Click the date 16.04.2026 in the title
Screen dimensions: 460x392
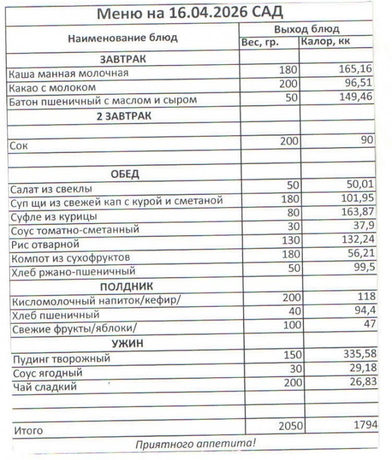pyautogui.click(x=208, y=13)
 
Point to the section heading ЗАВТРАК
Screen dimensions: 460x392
pyautogui.click(x=123, y=59)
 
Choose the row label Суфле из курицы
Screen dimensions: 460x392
pyautogui.click(x=53, y=217)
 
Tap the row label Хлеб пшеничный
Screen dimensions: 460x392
pyautogui.click(x=55, y=315)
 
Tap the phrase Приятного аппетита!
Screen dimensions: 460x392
pyautogui.click(x=195, y=444)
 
